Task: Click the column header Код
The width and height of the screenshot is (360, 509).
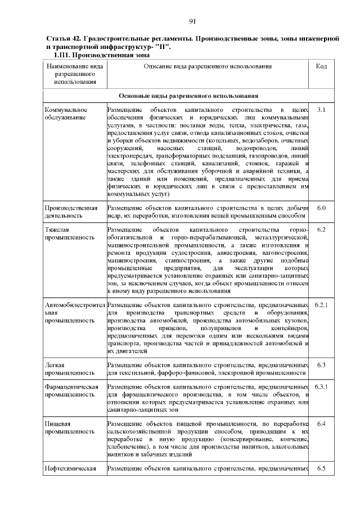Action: coord(322,66)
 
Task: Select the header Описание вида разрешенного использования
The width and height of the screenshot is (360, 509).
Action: coord(208,66)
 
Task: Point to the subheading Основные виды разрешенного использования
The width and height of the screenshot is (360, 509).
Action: coord(188,96)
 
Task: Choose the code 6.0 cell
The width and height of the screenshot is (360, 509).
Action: coord(322,209)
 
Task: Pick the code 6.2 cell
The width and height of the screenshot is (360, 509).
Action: coord(322,229)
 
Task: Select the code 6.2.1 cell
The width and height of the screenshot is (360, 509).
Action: coord(322,305)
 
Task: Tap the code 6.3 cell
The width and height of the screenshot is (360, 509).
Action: coord(322,365)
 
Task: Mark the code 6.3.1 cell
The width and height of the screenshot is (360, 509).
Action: coord(322,387)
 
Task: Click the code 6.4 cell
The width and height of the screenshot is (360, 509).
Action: coord(322,423)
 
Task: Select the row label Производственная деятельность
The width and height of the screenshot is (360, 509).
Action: coord(67,212)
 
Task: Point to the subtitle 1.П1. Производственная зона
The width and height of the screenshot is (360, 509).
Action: coord(101,56)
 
